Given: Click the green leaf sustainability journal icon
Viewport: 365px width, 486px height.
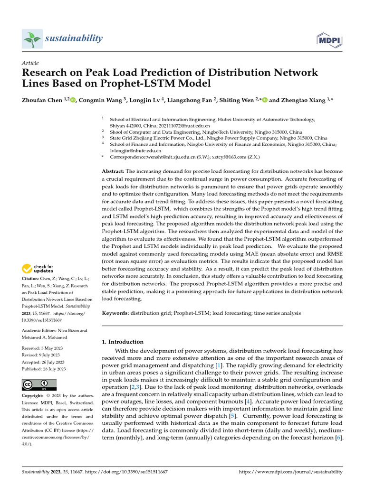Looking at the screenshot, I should click(x=32, y=38).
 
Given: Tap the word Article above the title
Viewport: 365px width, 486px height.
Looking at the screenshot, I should click(x=30, y=63).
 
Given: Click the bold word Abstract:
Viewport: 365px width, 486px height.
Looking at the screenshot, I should click(x=113, y=171).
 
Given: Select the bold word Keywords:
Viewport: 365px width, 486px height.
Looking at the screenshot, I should click(x=115, y=313).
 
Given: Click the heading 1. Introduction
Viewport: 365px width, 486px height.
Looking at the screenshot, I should click(x=123, y=342).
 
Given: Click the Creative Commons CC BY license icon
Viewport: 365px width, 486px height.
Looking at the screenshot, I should click(x=39, y=384).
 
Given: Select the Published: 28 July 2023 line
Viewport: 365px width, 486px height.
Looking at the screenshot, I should click(x=44, y=369).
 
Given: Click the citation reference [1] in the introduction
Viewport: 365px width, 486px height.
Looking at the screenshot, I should click(x=218, y=365).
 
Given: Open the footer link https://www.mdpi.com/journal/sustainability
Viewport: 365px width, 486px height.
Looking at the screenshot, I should click(x=290, y=472).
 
